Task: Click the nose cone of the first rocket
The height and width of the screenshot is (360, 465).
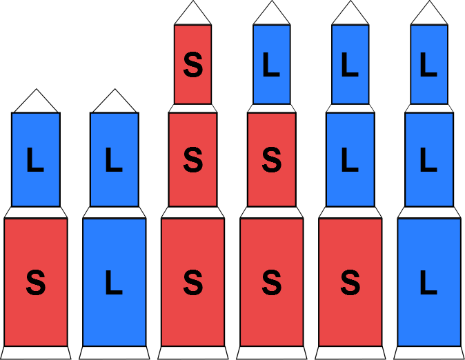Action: point(36,103)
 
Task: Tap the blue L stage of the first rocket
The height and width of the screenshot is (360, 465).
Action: point(36,159)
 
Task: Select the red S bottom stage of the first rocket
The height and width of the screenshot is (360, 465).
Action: point(36,281)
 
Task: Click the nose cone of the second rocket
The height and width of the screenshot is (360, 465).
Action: point(115,103)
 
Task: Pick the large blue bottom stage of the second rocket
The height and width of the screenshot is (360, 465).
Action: point(115,281)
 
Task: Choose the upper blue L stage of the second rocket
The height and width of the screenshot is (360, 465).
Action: point(115,159)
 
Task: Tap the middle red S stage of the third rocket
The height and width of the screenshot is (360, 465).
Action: point(193,159)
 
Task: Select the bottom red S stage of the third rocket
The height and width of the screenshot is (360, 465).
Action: point(193,281)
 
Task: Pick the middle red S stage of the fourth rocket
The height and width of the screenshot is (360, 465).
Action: point(272,159)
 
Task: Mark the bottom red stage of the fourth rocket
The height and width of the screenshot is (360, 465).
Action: point(272,281)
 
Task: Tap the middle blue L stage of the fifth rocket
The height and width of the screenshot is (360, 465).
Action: point(350,159)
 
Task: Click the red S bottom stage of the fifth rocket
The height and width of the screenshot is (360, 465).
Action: point(350,281)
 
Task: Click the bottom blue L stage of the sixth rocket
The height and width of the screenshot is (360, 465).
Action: point(429,281)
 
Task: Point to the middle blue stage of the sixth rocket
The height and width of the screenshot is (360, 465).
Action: point(429,159)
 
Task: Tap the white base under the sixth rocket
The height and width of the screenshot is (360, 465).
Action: point(429,352)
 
